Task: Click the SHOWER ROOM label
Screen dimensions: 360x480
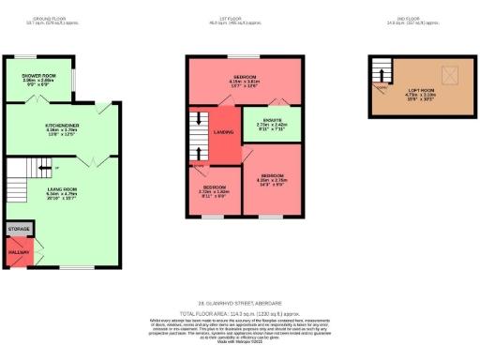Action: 39,79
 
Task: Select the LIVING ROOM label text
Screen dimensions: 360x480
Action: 64,192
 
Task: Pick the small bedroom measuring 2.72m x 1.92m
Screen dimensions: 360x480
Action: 214,191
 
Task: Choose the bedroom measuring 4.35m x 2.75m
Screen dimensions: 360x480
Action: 272,179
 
